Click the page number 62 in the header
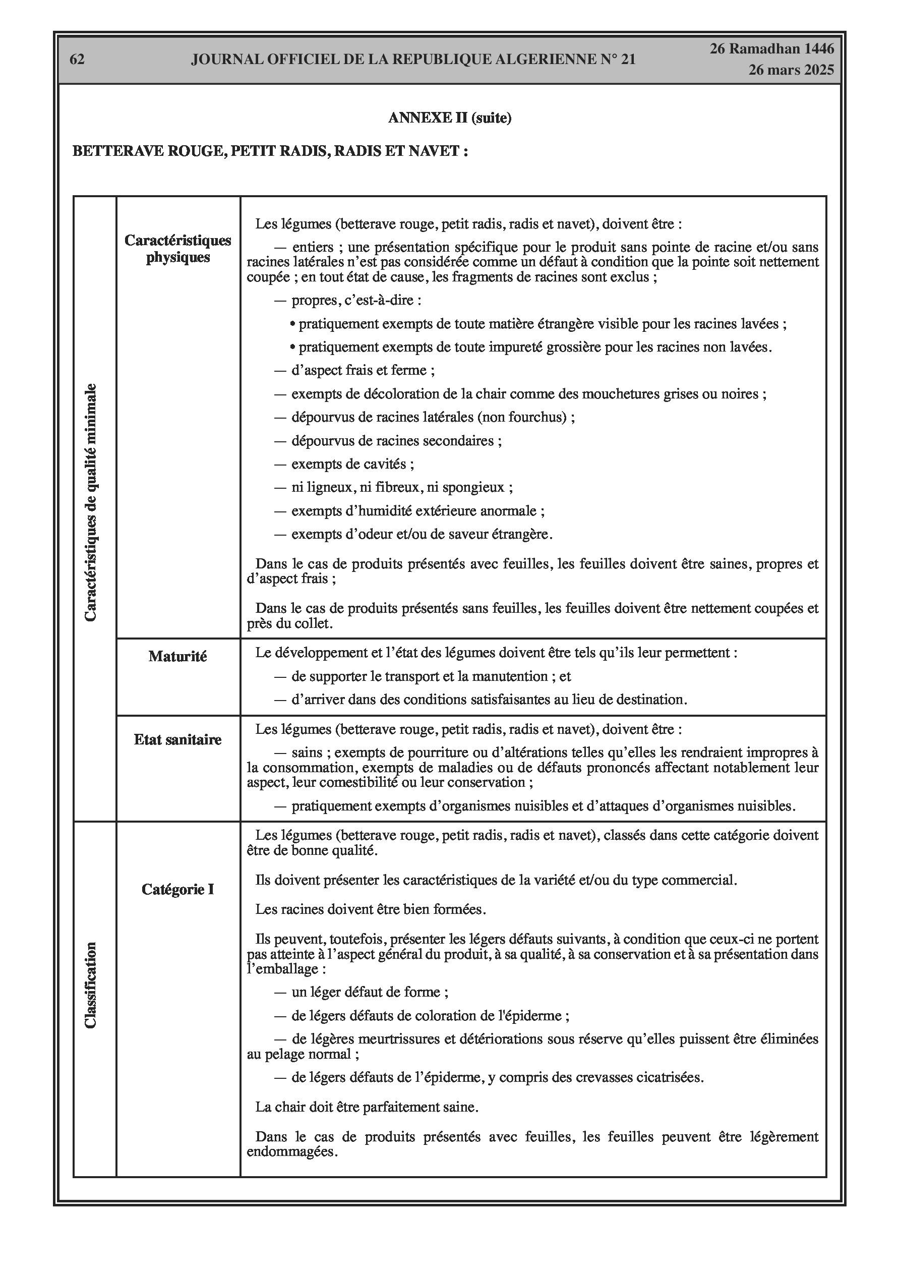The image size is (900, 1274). click(77, 60)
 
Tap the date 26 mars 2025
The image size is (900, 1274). click(791, 70)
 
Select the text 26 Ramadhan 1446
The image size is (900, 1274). click(772, 49)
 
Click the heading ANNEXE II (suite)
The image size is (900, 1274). click(449, 118)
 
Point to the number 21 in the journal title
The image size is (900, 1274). click(627, 60)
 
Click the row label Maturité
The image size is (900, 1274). click(177, 657)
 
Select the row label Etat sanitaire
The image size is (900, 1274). click(177, 740)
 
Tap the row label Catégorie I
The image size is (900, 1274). click(177, 890)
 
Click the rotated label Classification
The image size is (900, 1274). click(90, 985)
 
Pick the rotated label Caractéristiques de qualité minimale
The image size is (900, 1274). click(90, 502)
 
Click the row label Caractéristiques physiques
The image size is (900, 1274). click(177, 249)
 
